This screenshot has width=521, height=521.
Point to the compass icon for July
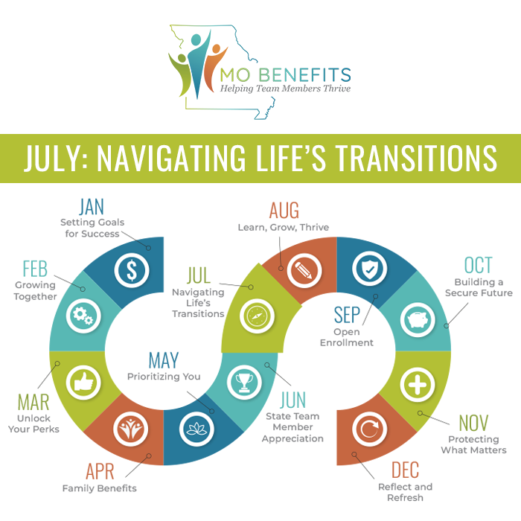254,315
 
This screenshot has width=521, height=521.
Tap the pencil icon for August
304,270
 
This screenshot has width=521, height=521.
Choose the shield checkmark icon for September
369,270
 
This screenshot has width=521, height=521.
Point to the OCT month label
478,266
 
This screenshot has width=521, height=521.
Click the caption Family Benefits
100,489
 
